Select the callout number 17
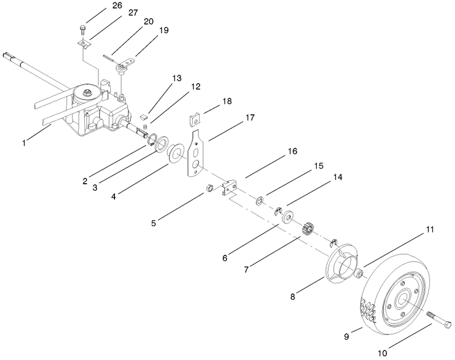tap(233, 118)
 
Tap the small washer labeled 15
tap(260, 200)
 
